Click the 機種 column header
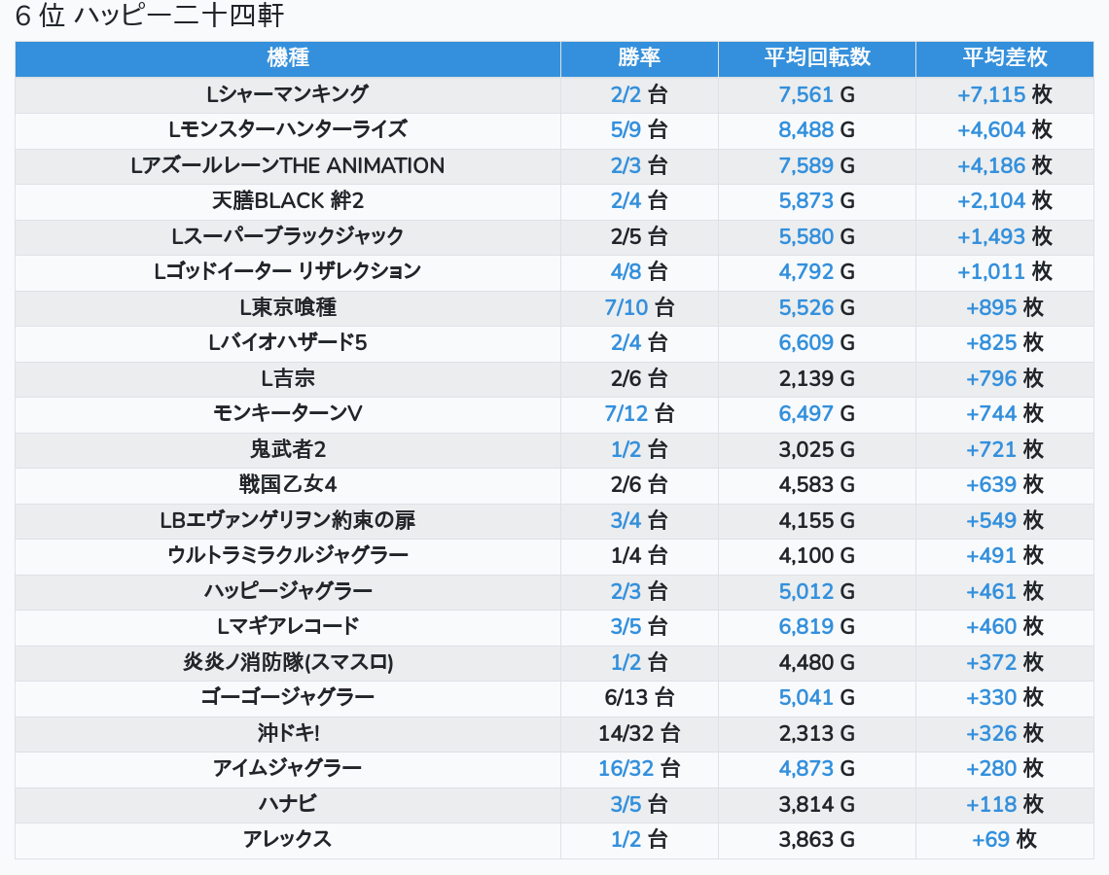tap(288, 57)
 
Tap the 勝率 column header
tap(639, 57)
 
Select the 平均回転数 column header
tap(816, 57)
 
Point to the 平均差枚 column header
tap(1004, 57)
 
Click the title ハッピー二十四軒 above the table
tap(179, 17)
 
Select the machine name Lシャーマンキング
tap(288, 94)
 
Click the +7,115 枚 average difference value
tap(1004, 94)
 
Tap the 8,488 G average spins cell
tap(816, 130)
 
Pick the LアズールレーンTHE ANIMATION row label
tap(288, 165)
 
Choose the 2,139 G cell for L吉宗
tap(816, 378)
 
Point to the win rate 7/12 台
tap(639, 413)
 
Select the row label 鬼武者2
tap(288, 449)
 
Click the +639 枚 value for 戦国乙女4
tap(1004, 484)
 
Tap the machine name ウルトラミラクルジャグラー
tap(288, 555)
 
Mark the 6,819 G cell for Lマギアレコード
tap(816, 626)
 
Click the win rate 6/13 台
tap(639, 697)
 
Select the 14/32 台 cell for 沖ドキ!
tap(639, 733)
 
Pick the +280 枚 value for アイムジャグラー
tap(1004, 768)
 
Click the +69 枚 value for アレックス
tap(1004, 839)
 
